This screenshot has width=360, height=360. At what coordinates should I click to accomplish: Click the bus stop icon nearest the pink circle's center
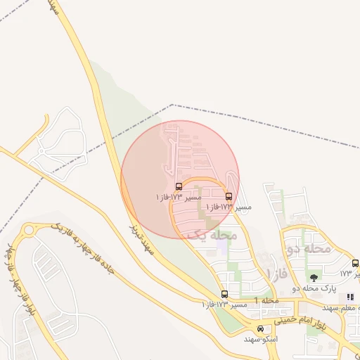point(179,186)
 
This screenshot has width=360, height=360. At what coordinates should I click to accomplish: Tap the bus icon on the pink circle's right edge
point(229,197)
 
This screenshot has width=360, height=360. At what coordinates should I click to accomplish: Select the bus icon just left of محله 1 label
point(224,294)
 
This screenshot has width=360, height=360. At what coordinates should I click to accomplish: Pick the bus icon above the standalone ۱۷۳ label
point(355,263)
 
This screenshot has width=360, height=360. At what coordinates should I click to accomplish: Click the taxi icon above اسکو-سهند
point(261,328)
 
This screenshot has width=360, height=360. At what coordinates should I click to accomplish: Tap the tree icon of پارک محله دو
point(313,278)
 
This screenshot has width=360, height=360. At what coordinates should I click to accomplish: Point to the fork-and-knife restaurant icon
point(350,297)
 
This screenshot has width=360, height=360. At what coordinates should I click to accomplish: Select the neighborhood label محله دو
point(309,248)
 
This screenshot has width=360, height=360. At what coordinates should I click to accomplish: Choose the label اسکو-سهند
point(261,339)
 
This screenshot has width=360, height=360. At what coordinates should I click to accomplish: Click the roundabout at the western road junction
point(30,230)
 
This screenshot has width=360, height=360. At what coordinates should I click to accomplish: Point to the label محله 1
point(267,301)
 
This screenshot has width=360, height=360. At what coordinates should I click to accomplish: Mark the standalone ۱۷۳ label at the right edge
point(346,273)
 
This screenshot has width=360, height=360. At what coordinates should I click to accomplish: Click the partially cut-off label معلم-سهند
point(342,308)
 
